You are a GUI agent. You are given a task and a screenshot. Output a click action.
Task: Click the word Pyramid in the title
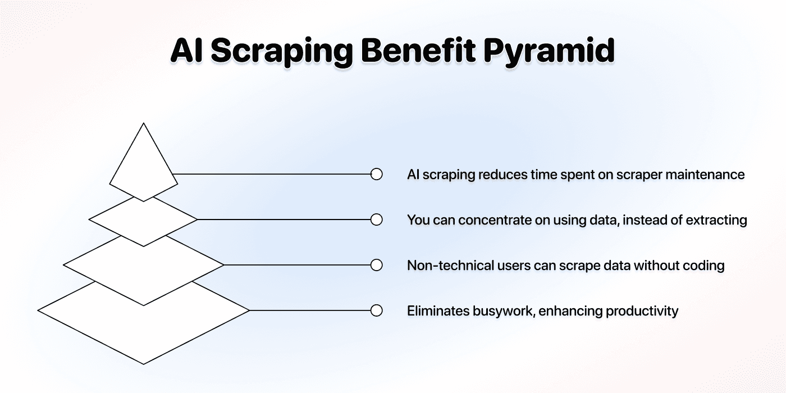point(549,51)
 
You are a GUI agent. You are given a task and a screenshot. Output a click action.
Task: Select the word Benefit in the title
point(418,50)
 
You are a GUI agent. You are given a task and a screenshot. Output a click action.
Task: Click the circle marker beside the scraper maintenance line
point(377,174)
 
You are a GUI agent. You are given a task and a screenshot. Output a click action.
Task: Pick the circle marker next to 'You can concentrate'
point(377,220)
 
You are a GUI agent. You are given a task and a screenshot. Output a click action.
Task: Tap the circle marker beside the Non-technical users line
point(377,265)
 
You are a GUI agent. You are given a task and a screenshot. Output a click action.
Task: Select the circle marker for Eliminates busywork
point(377,310)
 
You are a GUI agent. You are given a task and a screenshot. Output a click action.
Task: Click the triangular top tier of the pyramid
point(144,165)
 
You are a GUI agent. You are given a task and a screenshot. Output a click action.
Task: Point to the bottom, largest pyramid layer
point(144,330)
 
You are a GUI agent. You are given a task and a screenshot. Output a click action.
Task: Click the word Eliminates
point(438,311)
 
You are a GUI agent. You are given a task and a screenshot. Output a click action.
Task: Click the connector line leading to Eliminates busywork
point(310,310)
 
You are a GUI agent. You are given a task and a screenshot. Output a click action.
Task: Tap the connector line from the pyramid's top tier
point(272,174)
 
